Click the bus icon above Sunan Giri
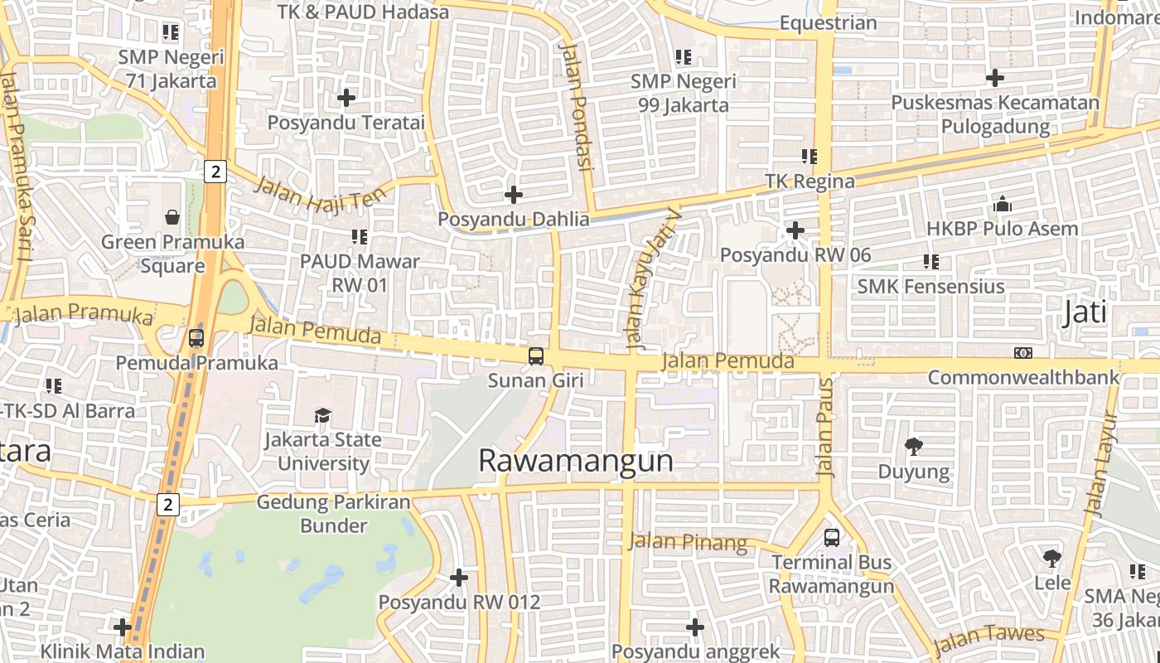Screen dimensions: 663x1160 [x=536, y=356]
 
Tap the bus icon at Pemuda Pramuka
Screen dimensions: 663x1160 [x=196, y=338]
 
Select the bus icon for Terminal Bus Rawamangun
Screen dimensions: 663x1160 [x=832, y=538]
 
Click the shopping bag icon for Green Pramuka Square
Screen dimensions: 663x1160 [x=172, y=217]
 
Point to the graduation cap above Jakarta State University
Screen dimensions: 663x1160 [x=322, y=415]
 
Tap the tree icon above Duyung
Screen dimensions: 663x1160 [x=914, y=447]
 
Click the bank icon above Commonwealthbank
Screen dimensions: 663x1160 [x=1023, y=353]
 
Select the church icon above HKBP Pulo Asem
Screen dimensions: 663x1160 [x=1002, y=204]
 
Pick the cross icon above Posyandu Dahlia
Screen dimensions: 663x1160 [x=514, y=195]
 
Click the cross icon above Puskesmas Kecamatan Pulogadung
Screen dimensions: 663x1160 [x=995, y=78]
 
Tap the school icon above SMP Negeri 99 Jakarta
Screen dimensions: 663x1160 [x=684, y=57]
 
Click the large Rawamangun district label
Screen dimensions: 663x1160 [x=576, y=461]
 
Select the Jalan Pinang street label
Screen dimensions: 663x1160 [x=688, y=543]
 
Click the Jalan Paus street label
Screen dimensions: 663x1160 [x=825, y=428]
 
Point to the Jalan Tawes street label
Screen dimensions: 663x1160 [x=988, y=639]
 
